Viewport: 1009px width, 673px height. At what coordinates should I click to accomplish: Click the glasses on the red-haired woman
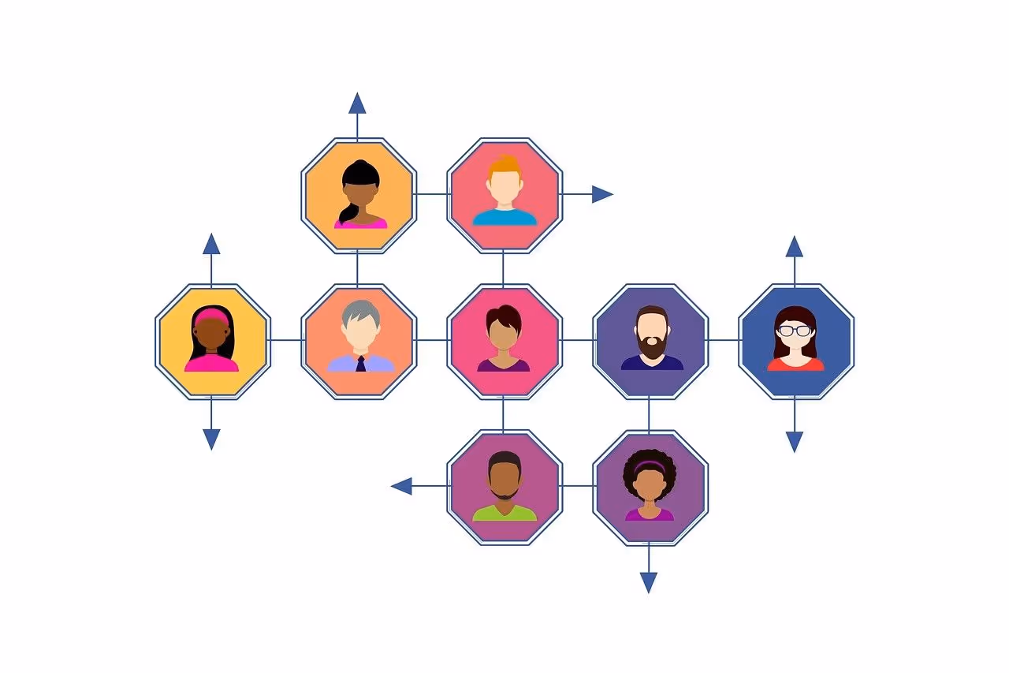point(795,331)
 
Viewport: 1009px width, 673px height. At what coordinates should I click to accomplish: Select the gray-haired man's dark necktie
point(360,364)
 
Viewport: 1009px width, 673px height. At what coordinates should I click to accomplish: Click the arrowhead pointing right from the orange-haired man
point(603,194)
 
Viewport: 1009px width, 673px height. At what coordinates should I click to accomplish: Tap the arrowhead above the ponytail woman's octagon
point(357,103)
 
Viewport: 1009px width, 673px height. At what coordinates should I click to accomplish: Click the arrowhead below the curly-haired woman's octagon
point(649,582)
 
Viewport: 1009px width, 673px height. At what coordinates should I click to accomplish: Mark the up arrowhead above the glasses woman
point(795,246)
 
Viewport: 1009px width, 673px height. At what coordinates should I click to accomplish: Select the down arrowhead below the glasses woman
point(795,442)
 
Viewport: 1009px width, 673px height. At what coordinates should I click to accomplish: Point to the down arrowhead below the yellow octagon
point(211,439)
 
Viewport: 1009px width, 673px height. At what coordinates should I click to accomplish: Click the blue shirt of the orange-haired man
point(504,217)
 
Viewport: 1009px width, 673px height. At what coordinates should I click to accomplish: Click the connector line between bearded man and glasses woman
point(724,340)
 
